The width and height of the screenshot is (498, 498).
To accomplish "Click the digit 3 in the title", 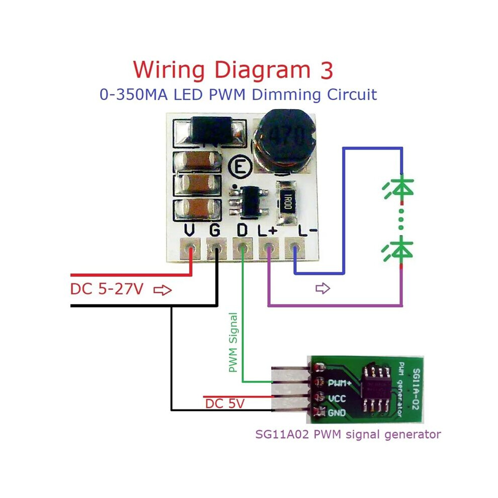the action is point(326,70).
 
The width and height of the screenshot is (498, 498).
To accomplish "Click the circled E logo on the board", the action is point(240,167).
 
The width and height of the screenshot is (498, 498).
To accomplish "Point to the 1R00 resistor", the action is point(287,203).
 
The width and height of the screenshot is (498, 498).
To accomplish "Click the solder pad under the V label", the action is point(190,248).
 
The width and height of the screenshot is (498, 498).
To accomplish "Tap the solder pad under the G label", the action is point(216,248).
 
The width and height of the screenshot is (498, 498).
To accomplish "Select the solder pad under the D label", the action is point(242,248).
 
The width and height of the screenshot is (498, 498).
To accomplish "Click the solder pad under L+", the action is point(269,248).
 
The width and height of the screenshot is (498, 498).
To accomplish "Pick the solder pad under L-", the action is point(295,248).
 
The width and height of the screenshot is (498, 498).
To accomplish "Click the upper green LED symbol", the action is point(398,189).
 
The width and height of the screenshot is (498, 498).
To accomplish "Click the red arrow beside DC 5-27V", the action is point(162,290).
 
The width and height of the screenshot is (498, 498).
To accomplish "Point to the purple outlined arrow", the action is point(322,288).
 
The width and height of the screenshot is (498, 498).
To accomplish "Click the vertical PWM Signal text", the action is point(233,343).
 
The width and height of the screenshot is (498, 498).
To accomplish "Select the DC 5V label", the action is point(225,404).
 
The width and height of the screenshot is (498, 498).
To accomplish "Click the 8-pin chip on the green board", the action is point(377,389).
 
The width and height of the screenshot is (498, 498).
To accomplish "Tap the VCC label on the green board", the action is point(337,398).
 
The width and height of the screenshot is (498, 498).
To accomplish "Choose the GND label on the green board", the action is point(337,412).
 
